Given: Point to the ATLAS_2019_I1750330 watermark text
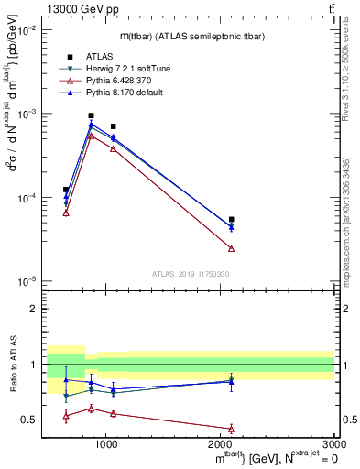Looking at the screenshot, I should coord(189,273).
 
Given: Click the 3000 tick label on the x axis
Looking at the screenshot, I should coord(334,444).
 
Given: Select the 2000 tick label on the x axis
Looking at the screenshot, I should coord(221,444).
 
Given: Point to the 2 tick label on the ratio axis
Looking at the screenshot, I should coord(35,309).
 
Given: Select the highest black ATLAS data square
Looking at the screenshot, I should coord(91,115).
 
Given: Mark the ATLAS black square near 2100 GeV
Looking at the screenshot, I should coord(231,220).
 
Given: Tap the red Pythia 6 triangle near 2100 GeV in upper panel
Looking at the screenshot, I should coord(231,248).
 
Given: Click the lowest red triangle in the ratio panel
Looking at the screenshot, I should coord(231,428).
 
